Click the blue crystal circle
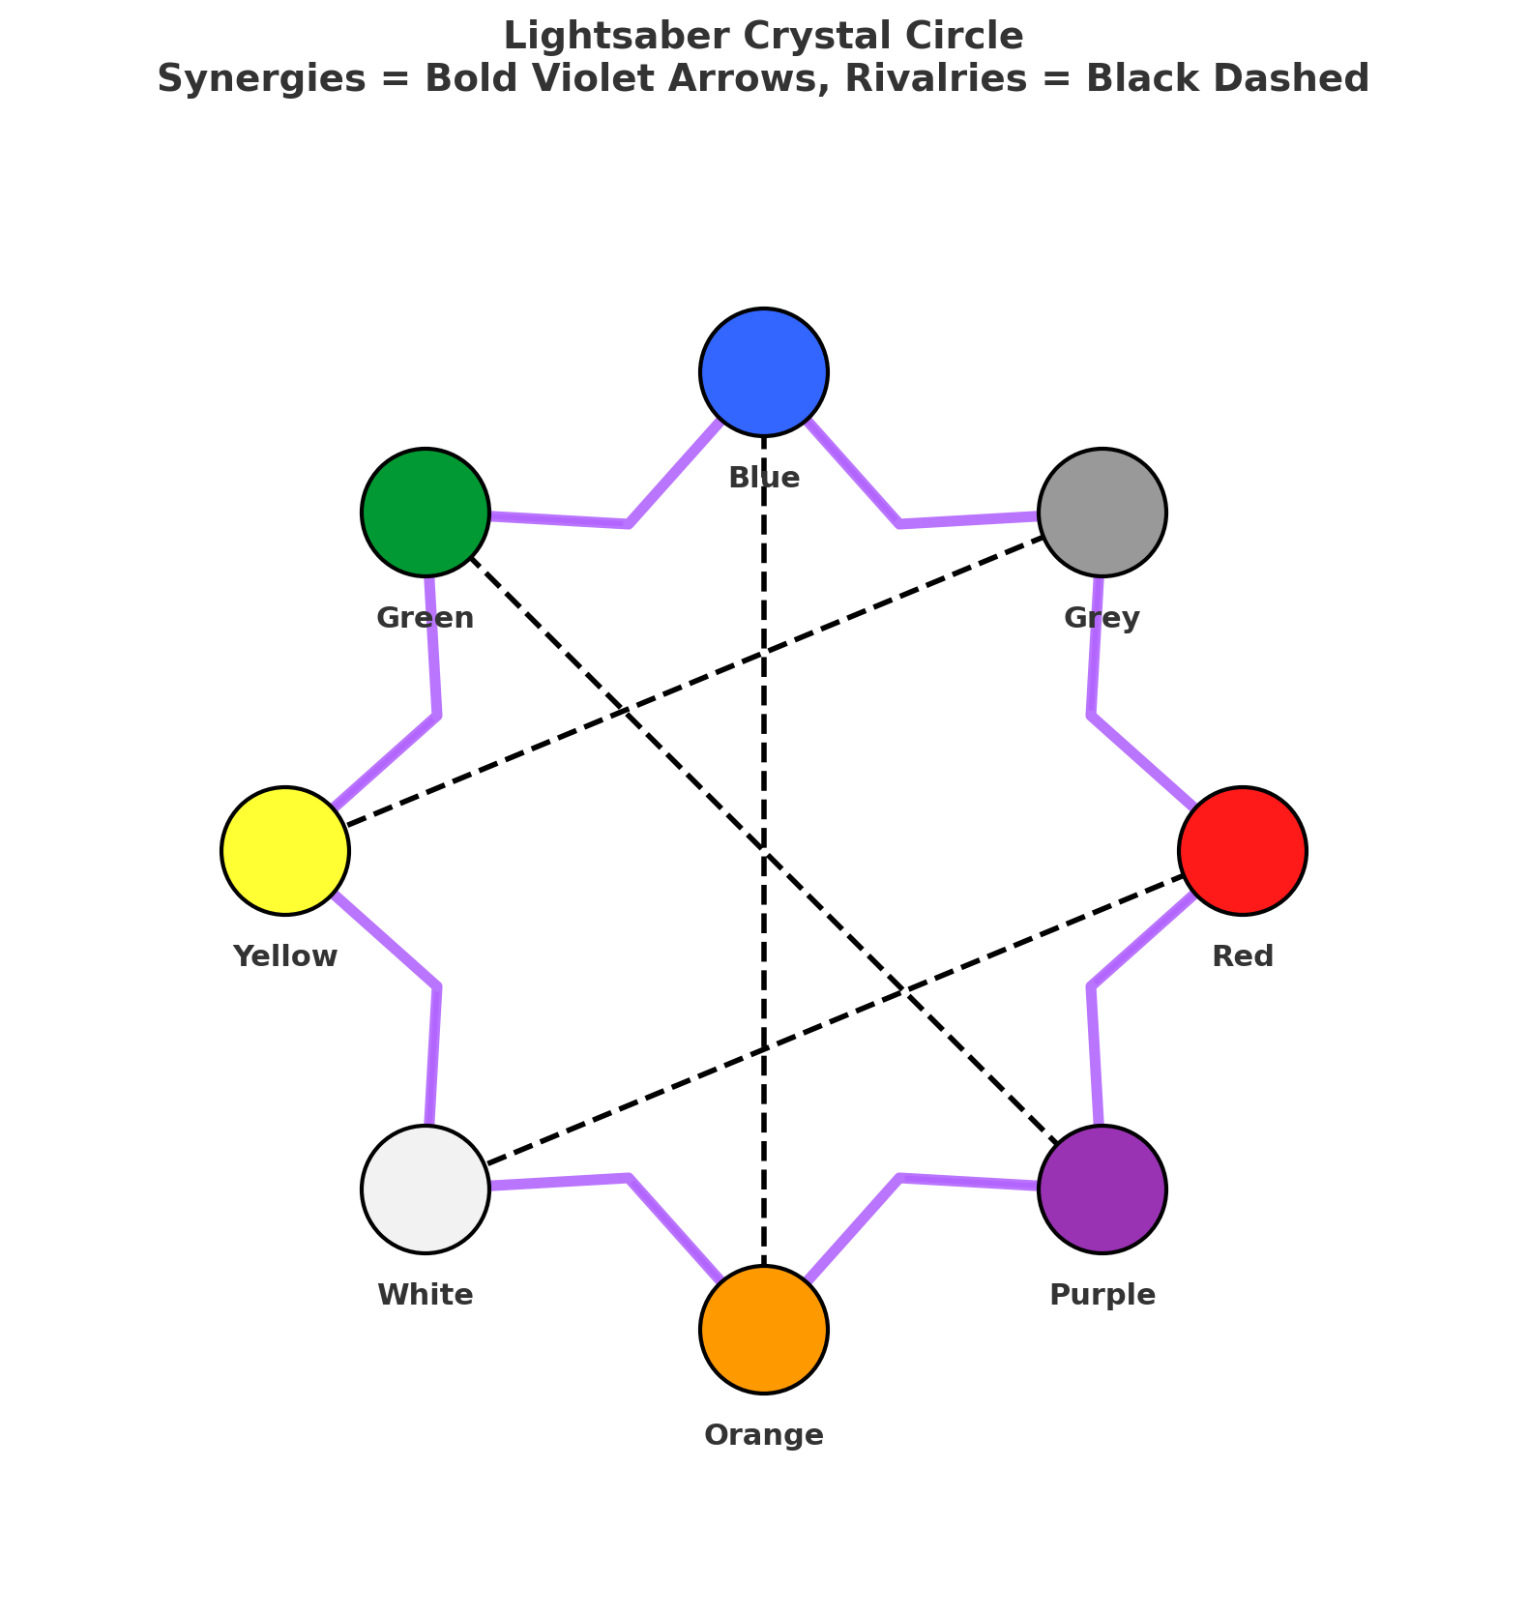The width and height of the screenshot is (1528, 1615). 764,372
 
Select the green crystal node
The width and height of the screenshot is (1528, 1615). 426,512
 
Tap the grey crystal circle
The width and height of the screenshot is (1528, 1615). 1102,512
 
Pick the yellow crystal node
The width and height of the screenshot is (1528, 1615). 285,851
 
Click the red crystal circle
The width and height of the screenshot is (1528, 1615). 1243,851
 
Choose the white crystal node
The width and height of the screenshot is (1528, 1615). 426,1189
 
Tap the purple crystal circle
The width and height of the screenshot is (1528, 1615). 1102,1189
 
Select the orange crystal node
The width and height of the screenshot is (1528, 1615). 764,1330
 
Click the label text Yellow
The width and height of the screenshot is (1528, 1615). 285,956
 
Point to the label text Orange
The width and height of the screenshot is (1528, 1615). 764,1435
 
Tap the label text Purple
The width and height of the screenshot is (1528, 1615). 1102,1295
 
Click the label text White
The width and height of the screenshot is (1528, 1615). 426,1295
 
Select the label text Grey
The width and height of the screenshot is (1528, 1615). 1102,617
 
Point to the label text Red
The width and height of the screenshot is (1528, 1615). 1243,956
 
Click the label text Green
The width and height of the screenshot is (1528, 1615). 426,617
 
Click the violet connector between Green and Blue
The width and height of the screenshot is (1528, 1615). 628,523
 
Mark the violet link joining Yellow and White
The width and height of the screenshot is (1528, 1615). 438,987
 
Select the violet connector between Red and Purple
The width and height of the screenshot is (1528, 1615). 1091,987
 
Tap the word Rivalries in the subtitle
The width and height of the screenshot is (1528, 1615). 939,79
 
